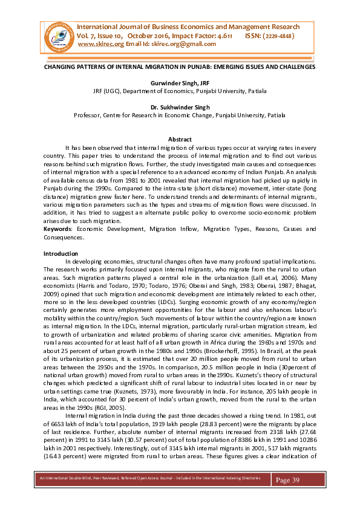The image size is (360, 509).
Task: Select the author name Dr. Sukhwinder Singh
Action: click(180, 106)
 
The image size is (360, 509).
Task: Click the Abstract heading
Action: click(180, 139)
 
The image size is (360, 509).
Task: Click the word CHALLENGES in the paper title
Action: click(294, 67)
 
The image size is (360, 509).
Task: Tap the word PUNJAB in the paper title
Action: click(183, 67)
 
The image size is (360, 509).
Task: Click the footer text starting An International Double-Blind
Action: click(145, 478)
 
